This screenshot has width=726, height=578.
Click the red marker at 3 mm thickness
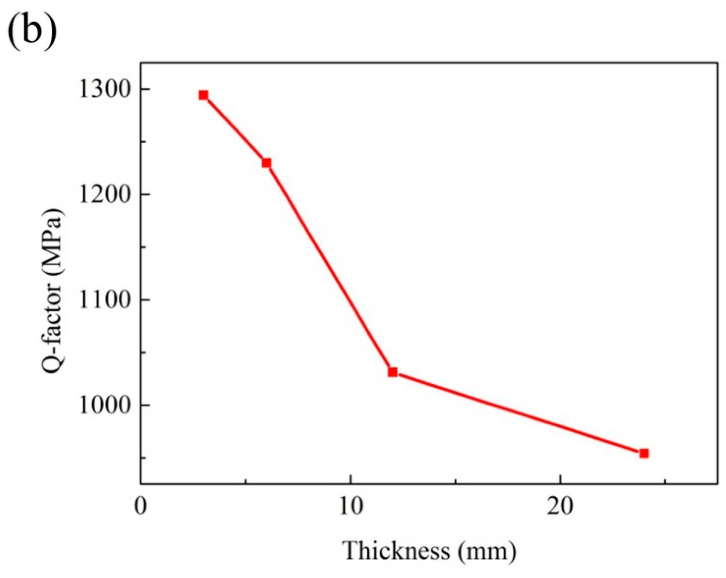click(203, 95)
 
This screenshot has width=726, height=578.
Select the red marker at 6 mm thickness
click(266, 163)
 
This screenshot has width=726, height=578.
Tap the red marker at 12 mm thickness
click(392, 372)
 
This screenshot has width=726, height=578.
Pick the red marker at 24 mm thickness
click(644, 453)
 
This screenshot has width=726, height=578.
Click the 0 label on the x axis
click(141, 507)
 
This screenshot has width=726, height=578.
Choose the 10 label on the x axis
click(350, 507)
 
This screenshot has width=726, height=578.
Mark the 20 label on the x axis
click(560, 507)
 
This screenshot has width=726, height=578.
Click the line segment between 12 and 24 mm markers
click(518, 413)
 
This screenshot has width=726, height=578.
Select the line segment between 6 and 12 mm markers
click(329, 267)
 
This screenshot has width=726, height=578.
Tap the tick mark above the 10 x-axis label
click(350, 480)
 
